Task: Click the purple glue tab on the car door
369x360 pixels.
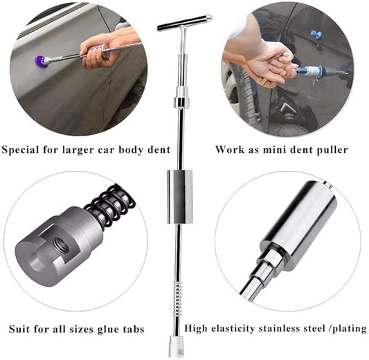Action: [39, 61]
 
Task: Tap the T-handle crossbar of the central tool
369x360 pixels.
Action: [185, 23]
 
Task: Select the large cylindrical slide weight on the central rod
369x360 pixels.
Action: [180, 196]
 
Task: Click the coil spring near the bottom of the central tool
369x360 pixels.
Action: [177, 298]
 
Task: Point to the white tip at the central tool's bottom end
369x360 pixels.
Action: [176, 345]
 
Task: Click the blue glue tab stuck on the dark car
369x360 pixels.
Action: [316, 35]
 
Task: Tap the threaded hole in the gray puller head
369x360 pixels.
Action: [60, 244]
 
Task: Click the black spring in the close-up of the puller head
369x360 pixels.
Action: [111, 204]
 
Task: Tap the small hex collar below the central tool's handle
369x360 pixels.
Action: [181, 101]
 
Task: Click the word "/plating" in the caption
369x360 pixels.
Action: [349, 328]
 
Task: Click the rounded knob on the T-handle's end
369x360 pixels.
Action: [208, 18]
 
